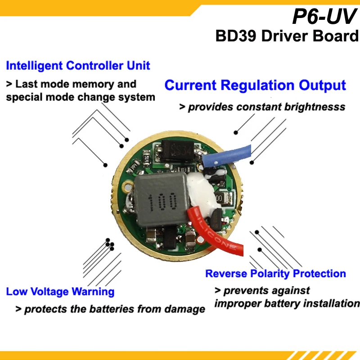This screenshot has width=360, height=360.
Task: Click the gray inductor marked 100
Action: point(162,199)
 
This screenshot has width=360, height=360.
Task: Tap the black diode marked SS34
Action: point(178,151)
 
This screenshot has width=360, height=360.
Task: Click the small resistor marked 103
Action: point(183,170)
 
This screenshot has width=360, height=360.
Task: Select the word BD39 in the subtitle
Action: point(236,36)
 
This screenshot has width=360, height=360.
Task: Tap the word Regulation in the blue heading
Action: point(257,85)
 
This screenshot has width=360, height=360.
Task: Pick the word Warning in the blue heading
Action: point(93,292)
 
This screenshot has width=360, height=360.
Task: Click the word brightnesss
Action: point(315,107)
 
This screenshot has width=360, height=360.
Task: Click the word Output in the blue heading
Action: point(322,86)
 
